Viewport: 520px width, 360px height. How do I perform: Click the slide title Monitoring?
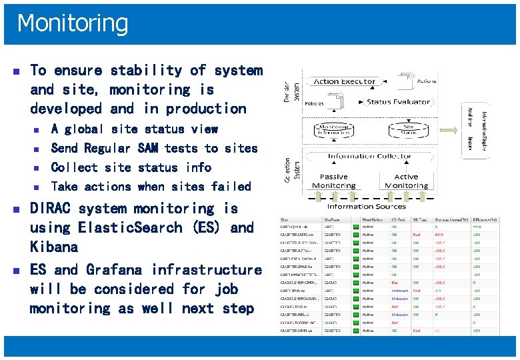(x=73, y=23)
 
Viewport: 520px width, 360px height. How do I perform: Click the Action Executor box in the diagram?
(x=344, y=81)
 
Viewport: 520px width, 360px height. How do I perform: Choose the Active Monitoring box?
(x=406, y=181)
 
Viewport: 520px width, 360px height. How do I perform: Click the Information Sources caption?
(x=367, y=207)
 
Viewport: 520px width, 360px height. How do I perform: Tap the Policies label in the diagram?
(x=314, y=104)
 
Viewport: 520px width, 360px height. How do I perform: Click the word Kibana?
(x=54, y=247)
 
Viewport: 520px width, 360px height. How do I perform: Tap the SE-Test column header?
(x=421, y=217)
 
